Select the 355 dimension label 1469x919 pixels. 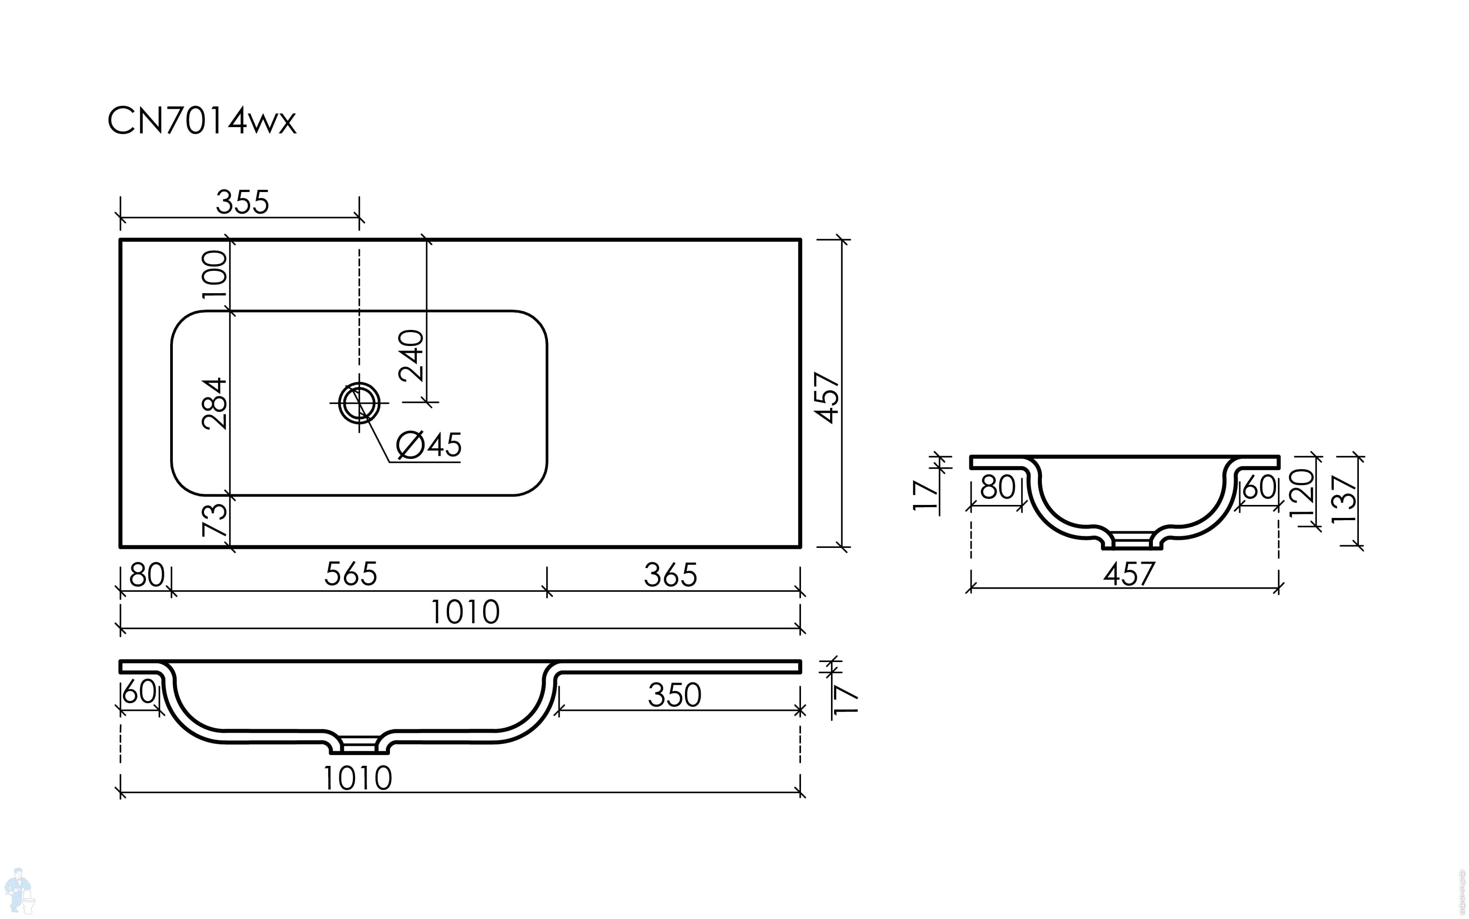click(242, 202)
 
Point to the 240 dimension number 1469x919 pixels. click(411, 355)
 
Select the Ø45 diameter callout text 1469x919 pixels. click(429, 445)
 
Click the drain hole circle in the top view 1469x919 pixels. click(359, 402)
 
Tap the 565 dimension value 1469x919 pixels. click(351, 574)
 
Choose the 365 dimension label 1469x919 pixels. click(670, 575)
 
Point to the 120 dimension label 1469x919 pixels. click(1302, 493)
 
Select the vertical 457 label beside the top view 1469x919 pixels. click(828, 398)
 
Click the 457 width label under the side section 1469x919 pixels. click(1129, 574)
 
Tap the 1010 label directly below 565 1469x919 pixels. click(465, 612)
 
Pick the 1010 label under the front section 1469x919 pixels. click(357, 778)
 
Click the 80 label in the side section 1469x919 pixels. click(998, 487)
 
